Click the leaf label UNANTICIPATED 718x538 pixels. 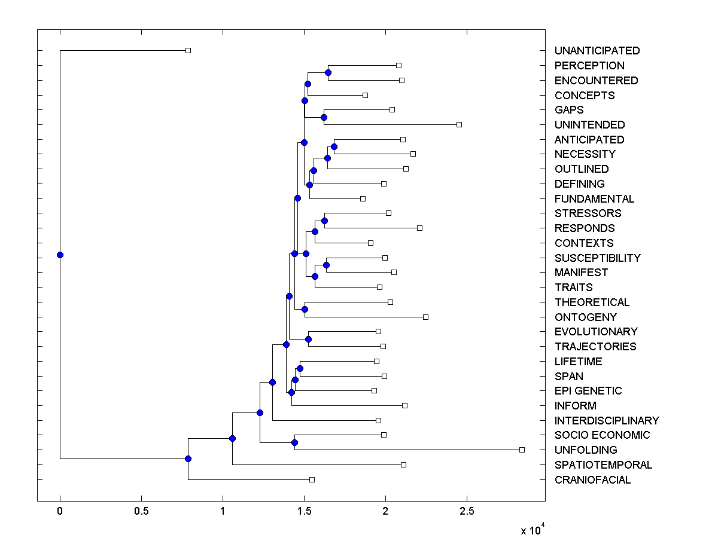coord(597,51)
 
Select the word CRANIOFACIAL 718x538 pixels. coord(592,480)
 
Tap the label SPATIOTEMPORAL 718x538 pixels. coord(603,465)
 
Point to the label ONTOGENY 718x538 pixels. coord(585,317)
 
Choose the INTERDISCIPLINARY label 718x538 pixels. coord(607,421)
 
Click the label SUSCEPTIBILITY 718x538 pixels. coord(597,258)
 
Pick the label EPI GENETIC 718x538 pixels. coord(588,391)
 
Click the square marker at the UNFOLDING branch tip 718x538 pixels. coord(522,450)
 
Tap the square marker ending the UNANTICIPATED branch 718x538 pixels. coord(188,50)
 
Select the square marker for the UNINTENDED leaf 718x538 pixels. coord(459,124)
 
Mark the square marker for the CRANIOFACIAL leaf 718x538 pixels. coord(312,479)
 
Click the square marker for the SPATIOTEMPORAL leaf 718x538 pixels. coord(403,464)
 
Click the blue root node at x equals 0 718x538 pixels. coord(60,255)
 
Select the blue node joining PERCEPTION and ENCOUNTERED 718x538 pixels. coord(328,72)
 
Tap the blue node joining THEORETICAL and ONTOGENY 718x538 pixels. coord(305,309)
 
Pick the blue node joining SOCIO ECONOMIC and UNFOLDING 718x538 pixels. coord(294,442)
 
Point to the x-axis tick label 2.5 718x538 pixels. coord(467,511)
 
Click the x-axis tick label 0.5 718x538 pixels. coord(141,511)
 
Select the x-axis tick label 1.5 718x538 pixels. coord(304,511)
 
